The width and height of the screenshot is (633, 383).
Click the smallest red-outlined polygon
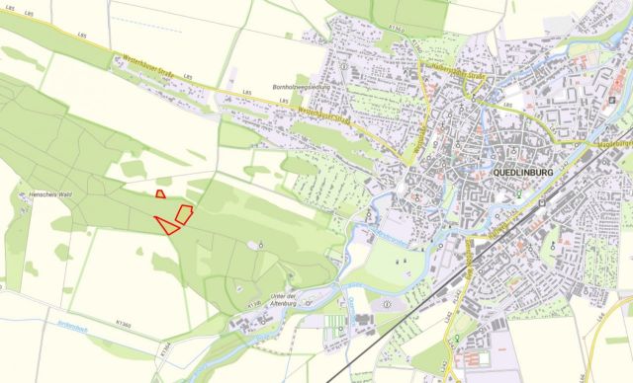160,194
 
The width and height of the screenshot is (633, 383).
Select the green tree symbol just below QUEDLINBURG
518,193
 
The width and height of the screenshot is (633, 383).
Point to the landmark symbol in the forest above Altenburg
261,243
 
